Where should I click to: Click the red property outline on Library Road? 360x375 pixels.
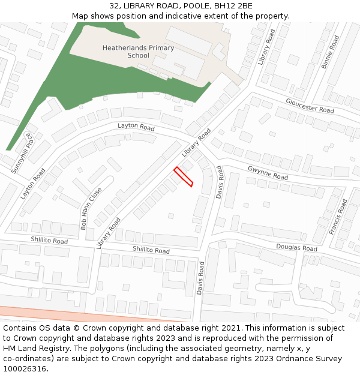(184, 177)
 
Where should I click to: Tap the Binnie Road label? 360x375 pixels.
(330, 52)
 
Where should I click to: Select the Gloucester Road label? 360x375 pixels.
(310, 106)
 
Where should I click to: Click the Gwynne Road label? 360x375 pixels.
(268, 173)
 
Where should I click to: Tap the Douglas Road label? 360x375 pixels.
(296, 247)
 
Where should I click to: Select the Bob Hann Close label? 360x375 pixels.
(91, 208)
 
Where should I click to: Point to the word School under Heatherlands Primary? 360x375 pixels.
(138, 56)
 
